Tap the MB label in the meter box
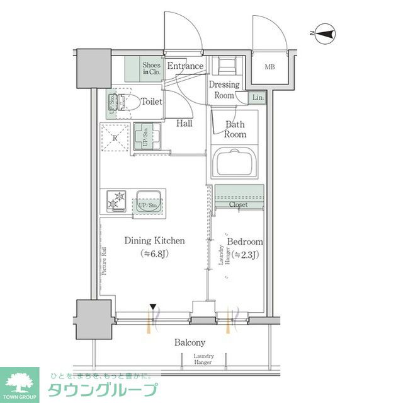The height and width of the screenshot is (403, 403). (x=270, y=67)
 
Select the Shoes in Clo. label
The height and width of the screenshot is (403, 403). (x=151, y=69)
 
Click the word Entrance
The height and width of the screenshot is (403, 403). (x=185, y=66)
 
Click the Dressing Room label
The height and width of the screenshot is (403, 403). (x=224, y=90)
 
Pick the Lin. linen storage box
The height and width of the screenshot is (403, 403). (x=258, y=97)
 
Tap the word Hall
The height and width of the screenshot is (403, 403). (x=184, y=124)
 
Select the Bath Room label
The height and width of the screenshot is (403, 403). (x=236, y=129)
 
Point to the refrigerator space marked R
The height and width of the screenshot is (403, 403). (x=115, y=137)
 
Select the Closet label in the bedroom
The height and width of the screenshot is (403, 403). (x=238, y=205)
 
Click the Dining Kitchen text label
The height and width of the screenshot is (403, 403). (x=154, y=240)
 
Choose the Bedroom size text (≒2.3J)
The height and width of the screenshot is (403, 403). (x=244, y=255)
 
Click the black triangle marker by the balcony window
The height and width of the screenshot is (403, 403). (x=152, y=308)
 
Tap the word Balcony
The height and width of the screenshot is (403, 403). (x=190, y=342)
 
